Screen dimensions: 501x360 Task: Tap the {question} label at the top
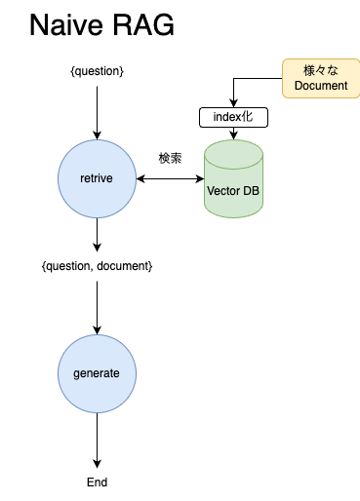pyautogui.click(x=97, y=71)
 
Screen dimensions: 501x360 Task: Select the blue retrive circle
pyautogui.click(x=97, y=178)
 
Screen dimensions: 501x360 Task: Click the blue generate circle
pyautogui.click(x=97, y=373)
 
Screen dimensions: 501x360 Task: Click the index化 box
pyautogui.click(x=233, y=117)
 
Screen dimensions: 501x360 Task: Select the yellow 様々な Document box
pyautogui.click(x=320, y=79)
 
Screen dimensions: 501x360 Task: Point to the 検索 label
pyautogui.click(x=170, y=158)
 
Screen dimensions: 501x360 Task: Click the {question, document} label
pyautogui.click(x=97, y=266)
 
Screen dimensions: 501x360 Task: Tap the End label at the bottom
pyautogui.click(x=97, y=482)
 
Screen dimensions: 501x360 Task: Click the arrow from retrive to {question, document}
pyautogui.click(x=97, y=236)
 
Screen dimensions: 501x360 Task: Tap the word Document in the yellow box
pyautogui.click(x=320, y=87)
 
